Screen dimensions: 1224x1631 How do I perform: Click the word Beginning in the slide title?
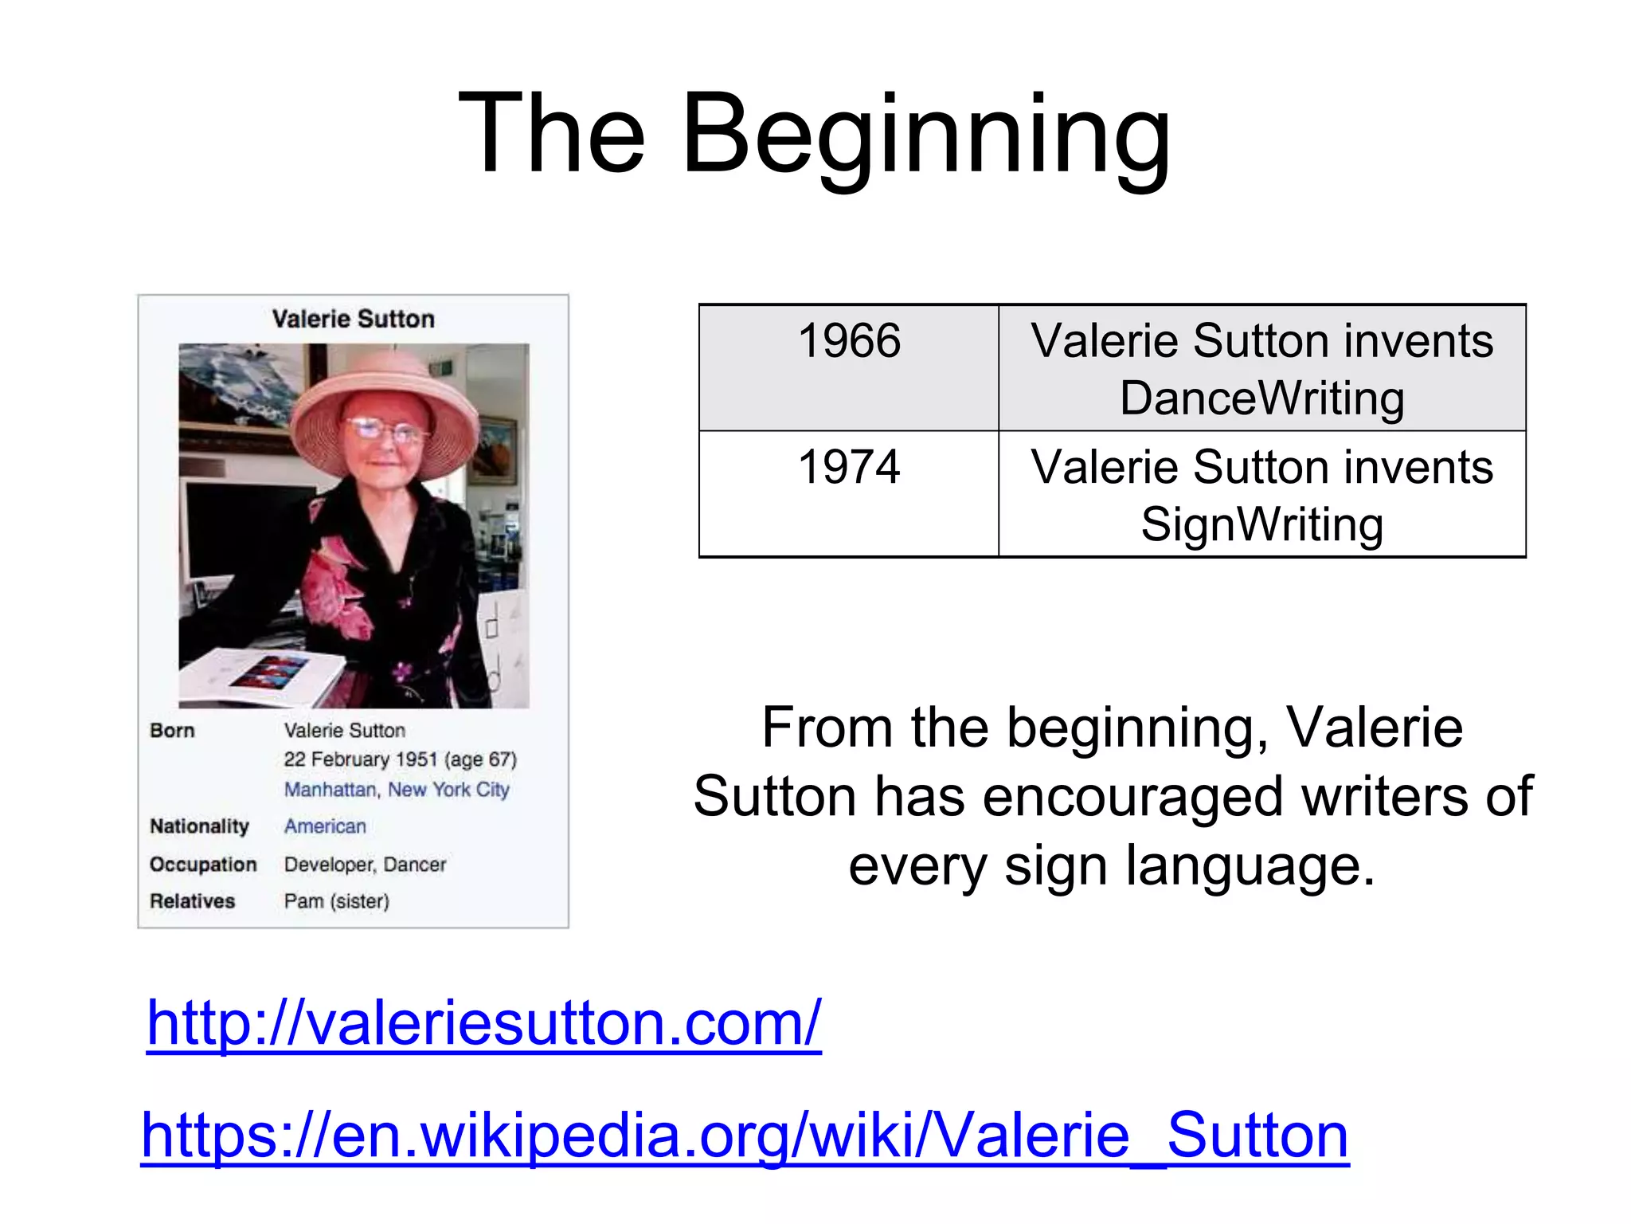(x=926, y=135)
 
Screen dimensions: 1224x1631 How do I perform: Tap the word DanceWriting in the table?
(x=1262, y=398)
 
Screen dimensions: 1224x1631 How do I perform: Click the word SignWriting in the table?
(x=1262, y=524)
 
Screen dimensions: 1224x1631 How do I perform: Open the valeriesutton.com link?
(x=483, y=1023)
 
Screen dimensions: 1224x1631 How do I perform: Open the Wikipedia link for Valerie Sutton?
(x=745, y=1135)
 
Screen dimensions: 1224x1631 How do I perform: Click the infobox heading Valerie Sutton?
(x=353, y=319)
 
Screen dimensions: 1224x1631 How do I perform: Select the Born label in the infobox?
(x=172, y=731)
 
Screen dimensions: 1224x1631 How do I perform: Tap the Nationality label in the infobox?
(x=199, y=826)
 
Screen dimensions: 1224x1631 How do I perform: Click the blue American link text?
(x=325, y=826)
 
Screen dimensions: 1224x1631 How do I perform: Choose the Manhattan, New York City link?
(x=397, y=790)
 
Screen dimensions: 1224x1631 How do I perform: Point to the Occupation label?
(x=203, y=865)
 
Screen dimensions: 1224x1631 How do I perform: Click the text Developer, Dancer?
(x=365, y=865)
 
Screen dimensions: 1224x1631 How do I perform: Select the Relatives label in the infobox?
(x=193, y=901)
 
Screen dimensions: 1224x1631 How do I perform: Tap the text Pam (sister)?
(x=337, y=901)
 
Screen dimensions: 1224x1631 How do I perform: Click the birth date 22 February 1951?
(x=361, y=759)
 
